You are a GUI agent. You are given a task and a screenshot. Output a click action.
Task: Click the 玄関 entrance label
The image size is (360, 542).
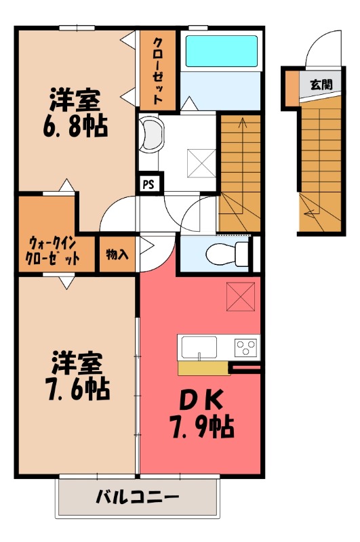321,85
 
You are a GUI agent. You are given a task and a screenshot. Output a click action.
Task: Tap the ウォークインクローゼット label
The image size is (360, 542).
55,251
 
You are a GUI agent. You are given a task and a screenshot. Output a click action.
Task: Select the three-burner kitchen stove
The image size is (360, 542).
245,348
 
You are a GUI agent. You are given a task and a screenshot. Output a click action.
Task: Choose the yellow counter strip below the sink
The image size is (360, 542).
203,368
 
